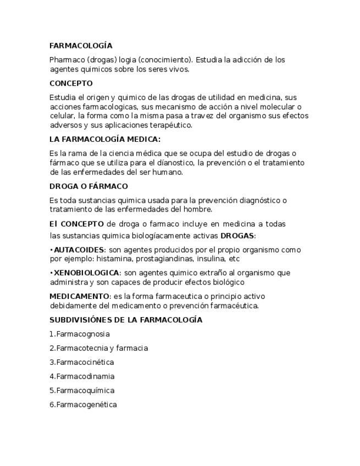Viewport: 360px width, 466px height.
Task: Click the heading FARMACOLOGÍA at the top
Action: pos(81,46)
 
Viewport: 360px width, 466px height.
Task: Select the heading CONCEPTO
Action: pos(71,84)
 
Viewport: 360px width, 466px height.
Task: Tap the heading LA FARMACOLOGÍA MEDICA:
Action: pos(105,140)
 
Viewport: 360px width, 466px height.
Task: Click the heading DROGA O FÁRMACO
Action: pos(88,186)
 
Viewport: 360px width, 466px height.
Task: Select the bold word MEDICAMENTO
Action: pos(79,296)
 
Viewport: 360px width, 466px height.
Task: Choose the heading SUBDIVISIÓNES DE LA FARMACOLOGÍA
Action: pos(126,320)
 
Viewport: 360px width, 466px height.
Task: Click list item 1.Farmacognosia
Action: pos(79,334)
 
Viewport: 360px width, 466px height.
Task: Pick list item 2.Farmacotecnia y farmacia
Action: pos(98,348)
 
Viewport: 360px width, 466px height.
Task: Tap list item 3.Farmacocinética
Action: pos(81,363)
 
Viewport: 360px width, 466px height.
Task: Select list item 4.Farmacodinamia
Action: pos(82,377)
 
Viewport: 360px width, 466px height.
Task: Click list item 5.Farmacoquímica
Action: pos(82,391)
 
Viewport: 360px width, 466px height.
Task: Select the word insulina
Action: pos(213,258)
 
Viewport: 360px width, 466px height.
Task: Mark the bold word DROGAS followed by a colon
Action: pos(237,236)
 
